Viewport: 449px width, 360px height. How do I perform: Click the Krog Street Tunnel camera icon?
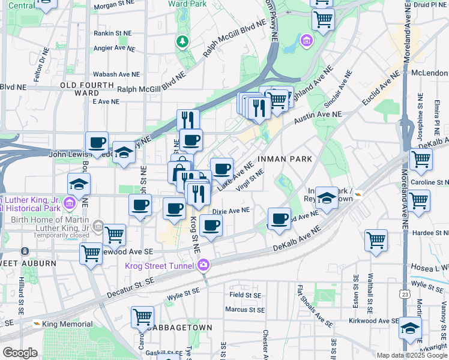pyautogui.click(x=204, y=265)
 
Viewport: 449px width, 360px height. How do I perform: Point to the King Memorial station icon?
pyautogui.click(x=37, y=324)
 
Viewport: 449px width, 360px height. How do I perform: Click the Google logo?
pyautogui.click(x=20, y=353)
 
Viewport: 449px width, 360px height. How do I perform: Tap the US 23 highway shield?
pyautogui.click(x=406, y=294)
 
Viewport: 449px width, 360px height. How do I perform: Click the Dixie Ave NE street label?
pyautogui.click(x=231, y=211)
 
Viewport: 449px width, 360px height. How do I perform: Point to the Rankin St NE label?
pyautogui.click(x=112, y=33)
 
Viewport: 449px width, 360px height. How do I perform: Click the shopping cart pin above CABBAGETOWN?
pyautogui.click(x=142, y=316)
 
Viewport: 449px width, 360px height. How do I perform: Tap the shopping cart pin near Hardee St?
pyautogui.click(x=376, y=239)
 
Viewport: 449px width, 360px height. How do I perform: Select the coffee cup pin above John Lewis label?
pyautogui.click(x=97, y=142)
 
